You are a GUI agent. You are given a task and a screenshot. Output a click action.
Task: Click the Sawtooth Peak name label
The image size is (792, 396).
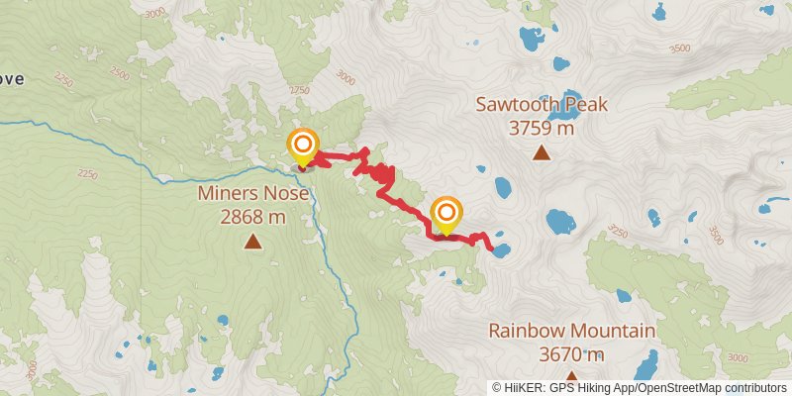point(541,105)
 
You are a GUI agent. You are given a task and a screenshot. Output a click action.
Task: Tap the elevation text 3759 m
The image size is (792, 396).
point(541,128)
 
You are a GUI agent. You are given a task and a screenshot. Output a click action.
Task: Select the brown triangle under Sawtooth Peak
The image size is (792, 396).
point(541,152)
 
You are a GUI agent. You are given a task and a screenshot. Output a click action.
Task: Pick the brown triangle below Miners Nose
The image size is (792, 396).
point(253,241)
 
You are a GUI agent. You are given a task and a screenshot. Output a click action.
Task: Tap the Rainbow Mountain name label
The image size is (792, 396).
point(571,331)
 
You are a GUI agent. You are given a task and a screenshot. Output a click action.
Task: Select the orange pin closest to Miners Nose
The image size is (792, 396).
point(303,148)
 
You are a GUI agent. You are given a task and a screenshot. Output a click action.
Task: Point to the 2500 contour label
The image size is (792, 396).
point(120,74)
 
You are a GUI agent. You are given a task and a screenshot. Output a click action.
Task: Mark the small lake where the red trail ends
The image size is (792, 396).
point(500,249)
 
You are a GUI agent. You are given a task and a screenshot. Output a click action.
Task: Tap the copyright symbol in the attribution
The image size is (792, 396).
point(498,388)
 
